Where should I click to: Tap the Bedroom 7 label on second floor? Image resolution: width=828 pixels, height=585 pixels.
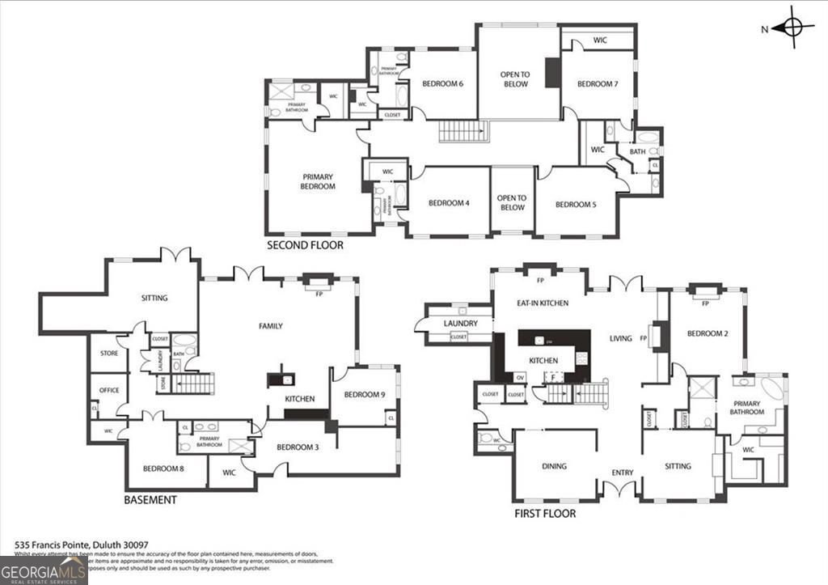[x=597, y=84]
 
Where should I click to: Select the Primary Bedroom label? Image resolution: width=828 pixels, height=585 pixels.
[x=319, y=181]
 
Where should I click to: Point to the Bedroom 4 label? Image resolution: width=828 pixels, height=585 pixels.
[x=449, y=203]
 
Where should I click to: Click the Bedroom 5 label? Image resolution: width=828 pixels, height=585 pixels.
[x=576, y=205]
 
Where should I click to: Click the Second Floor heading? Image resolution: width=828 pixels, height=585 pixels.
[x=305, y=244]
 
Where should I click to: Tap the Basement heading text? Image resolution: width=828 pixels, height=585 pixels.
[x=150, y=500]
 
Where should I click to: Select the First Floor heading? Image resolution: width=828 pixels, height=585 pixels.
[x=545, y=513]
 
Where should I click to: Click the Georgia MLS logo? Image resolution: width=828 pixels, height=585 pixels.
[x=44, y=570]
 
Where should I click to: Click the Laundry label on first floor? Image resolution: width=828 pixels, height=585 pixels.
[x=461, y=324]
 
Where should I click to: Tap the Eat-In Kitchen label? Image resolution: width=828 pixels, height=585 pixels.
[x=543, y=303]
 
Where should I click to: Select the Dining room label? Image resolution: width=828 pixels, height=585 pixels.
[x=554, y=466]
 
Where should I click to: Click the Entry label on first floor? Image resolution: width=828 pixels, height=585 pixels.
[x=623, y=473]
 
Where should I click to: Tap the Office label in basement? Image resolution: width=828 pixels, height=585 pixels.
[x=109, y=390]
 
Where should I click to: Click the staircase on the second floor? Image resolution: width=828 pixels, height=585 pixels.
[x=464, y=131]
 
